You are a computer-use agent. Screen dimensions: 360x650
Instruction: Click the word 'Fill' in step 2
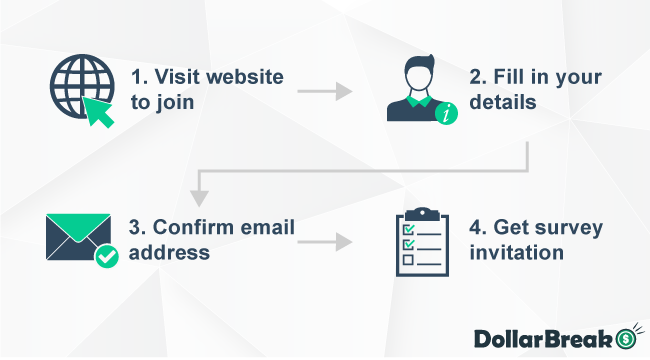point(523,77)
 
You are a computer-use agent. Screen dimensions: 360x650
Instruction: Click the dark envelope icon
point(76,236)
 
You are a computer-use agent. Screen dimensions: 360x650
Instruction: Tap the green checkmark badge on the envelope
point(106,258)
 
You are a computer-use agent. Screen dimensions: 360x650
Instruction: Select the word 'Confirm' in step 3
point(190,228)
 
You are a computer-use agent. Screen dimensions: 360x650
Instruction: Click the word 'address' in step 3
point(169,253)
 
